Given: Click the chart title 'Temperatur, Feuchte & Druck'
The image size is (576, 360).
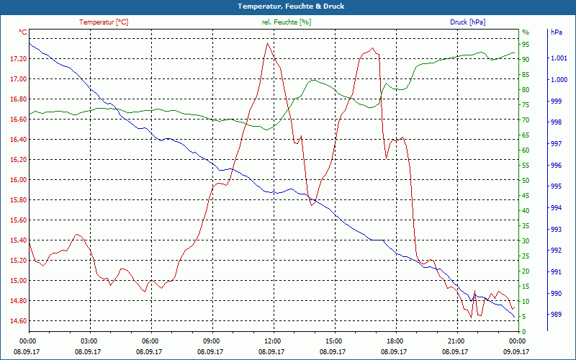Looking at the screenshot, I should coord(288,6).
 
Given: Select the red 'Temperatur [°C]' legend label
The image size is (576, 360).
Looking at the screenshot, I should coord(104,22).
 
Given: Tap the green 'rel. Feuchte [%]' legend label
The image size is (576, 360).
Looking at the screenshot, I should coord(287,22).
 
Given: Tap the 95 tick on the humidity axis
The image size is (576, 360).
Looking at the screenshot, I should coord(526,44).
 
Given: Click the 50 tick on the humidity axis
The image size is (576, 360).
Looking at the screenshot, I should coord(526,180).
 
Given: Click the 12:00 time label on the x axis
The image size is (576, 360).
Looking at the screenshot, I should coord(272,341).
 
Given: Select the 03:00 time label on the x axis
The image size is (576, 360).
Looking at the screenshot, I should coord(89,341).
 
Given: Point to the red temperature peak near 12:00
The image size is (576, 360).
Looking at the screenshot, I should coord(268,43).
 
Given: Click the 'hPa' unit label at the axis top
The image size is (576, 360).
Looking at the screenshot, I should coord(556,32).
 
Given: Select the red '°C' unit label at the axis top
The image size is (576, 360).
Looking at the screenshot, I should coord(23,32).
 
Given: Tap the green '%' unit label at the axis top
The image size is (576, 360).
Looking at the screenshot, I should coord(526,32).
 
